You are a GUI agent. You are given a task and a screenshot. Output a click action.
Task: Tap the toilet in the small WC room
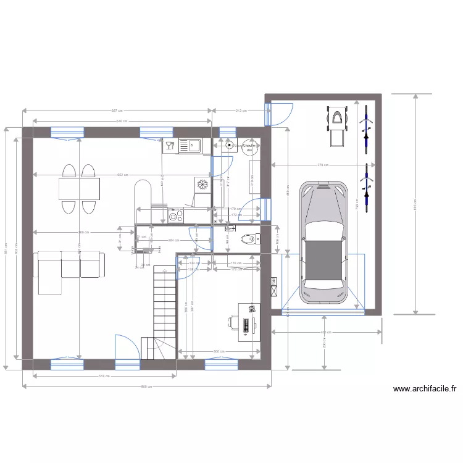pyautogui.click(x=248, y=238)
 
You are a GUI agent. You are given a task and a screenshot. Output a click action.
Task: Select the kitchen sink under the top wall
pyautogui.click(x=190, y=146)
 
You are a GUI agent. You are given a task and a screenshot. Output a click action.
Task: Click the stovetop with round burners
pyautogui.click(x=175, y=215)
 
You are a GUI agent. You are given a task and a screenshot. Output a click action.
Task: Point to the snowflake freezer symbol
pyautogui.click(x=201, y=183)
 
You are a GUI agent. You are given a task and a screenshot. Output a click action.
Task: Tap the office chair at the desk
pyautogui.click(x=233, y=322)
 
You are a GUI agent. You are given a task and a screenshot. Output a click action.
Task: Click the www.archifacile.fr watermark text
pyautogui.click(x=425, y=389)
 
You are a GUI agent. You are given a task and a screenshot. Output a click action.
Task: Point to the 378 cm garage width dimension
pyautogui.click(x=322, y=165)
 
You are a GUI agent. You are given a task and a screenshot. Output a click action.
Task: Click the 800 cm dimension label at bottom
pyautogui.click(x=146, y=387)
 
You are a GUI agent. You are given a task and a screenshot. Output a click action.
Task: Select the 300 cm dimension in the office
pyautogui.click(x=218, y=351)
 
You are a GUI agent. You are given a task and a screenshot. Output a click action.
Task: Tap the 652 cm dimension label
pyautogui.click(x=123, y=175)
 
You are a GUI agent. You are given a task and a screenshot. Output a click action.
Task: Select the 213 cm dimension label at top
pyautogui.click(x=241, y=111)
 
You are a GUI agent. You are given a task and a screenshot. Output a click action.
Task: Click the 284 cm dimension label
pyautogui.click(x=174, y=240)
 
